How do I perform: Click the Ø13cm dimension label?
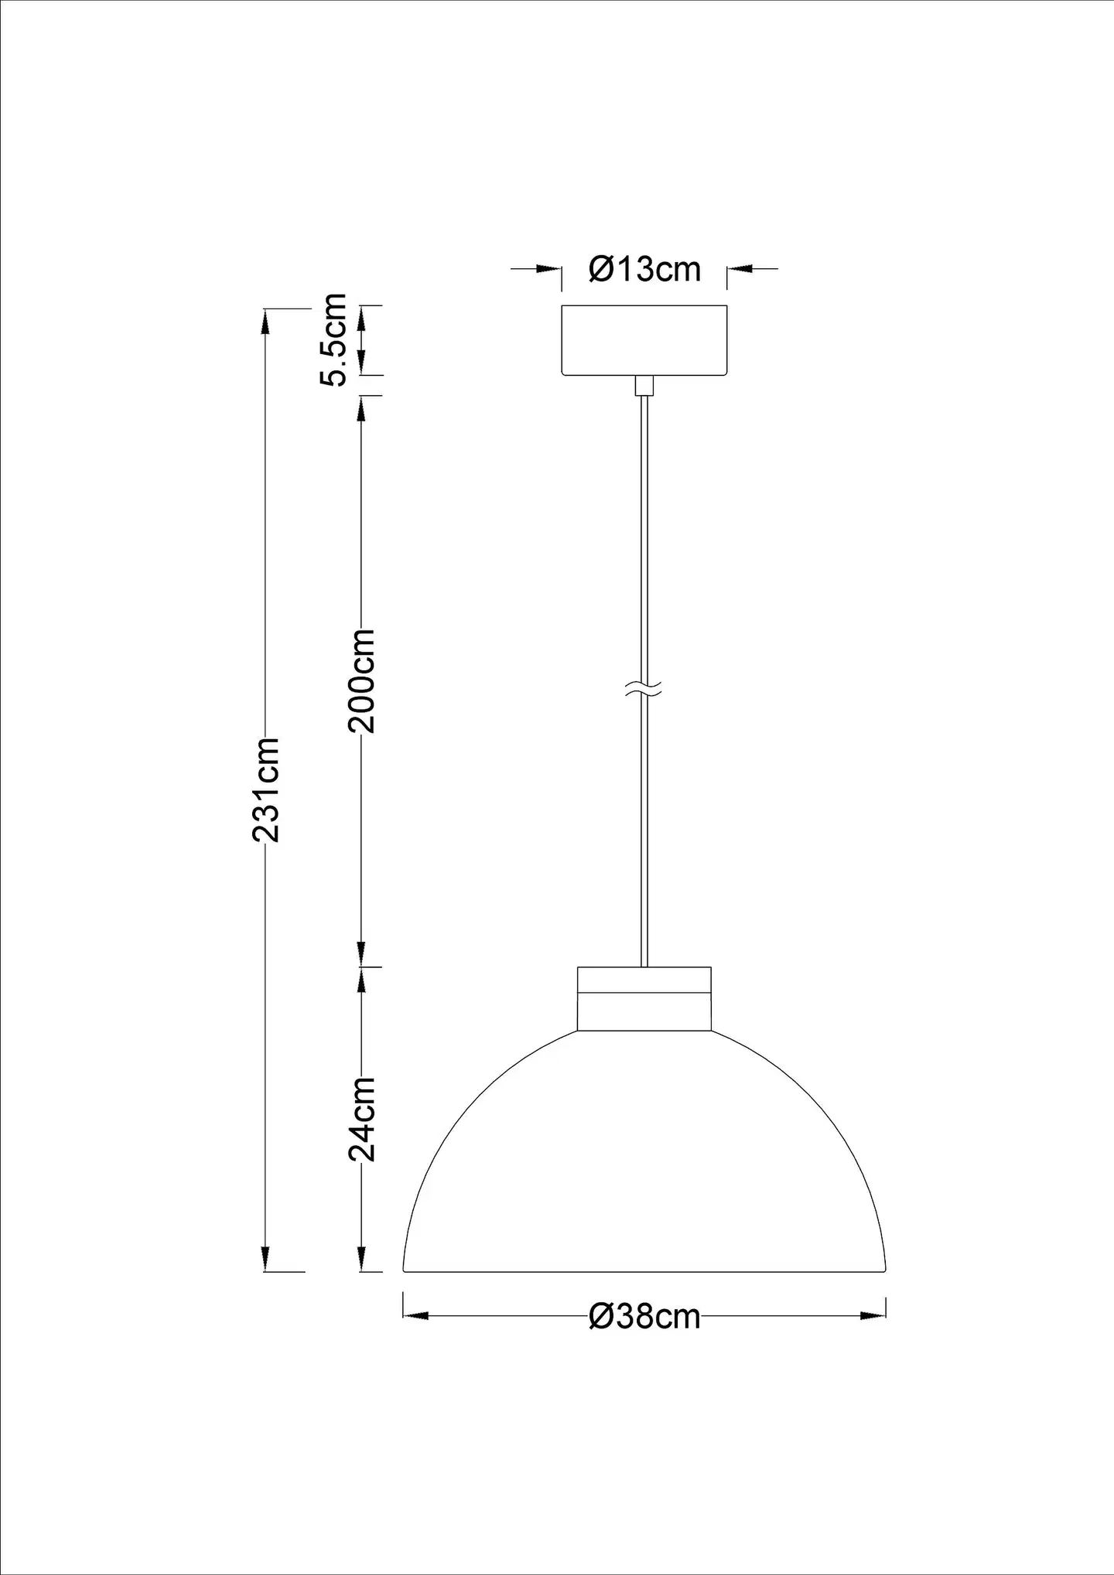[644, 269]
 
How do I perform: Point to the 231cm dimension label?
[266, 790]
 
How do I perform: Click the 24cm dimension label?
[361, 1119]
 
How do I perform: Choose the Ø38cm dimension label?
[644, 1316]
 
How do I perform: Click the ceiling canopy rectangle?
[644, 341]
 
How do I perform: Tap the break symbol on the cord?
[644, 691]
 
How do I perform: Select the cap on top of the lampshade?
[644, 998]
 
